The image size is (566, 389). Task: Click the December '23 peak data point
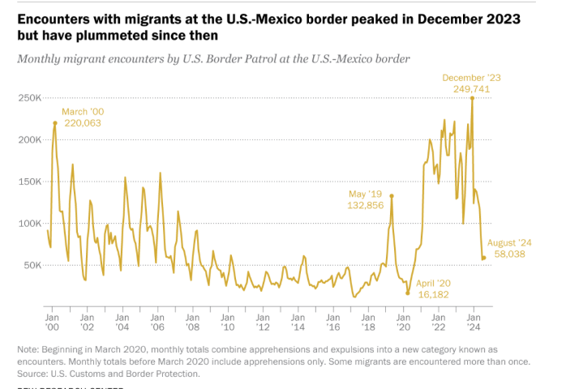tap(473, 98)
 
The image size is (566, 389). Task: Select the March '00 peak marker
tap(54, 122)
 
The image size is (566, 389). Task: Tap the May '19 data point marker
tap(392, 195)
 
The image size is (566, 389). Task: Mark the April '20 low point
tap(407, 293)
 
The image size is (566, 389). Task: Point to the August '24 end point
tap(484, 258)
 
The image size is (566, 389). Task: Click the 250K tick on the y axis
tap(29, 97)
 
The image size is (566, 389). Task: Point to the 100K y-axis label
tap(29, 223)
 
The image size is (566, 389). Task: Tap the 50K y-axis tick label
tap(32, 265)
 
